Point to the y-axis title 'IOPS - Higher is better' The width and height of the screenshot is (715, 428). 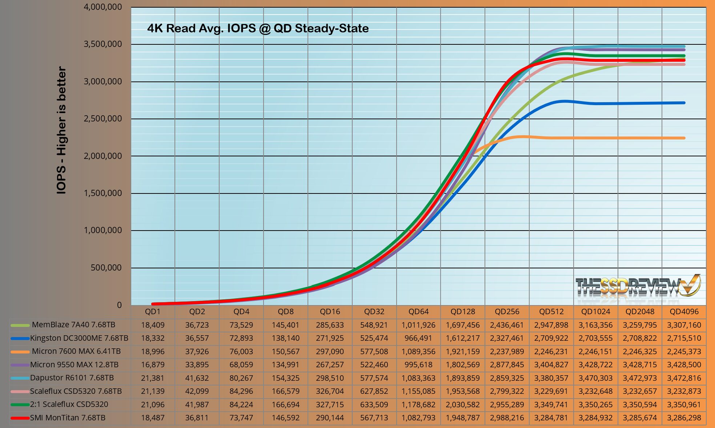61,130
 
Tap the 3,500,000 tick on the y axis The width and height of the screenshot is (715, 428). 103,44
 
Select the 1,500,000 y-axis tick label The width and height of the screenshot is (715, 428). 103,193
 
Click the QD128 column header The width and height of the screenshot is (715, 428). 463,312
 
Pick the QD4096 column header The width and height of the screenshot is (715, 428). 684,312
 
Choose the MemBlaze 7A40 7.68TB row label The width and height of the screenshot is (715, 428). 73,325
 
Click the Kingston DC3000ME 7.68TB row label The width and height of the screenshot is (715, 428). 79,338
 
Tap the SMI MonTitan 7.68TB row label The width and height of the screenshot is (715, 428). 68,418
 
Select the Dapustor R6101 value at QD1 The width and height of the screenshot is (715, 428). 153,378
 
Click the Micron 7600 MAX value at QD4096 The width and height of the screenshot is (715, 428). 684,352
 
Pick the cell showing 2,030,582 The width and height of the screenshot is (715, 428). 463,405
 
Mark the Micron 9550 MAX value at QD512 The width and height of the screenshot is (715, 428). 551,365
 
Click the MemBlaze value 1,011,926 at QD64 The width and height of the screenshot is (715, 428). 418,325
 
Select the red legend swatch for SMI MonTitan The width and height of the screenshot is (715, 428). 20,418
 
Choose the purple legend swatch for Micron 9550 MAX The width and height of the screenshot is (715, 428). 20,365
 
